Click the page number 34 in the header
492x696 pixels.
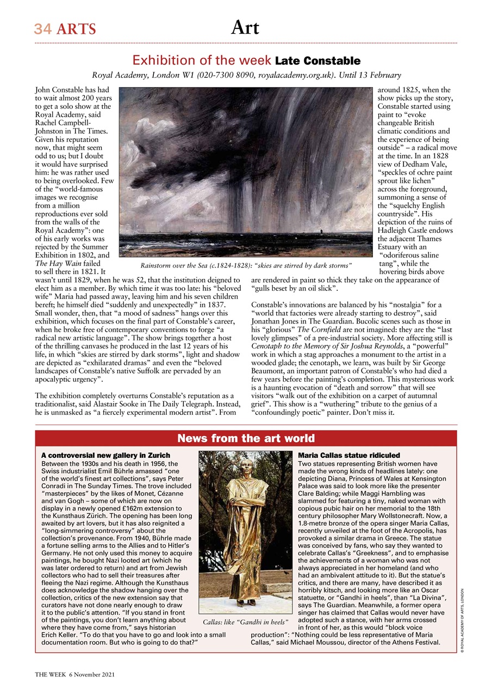[43, 29]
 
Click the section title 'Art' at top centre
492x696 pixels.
[245, 27]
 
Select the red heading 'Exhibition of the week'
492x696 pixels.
[202, 60]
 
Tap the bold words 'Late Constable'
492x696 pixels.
[317, 60]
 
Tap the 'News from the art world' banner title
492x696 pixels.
[246, 438]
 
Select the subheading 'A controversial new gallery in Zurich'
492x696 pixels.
[105, 455]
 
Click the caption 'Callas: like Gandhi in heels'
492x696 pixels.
[245, 621]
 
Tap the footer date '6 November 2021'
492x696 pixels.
[92, 675]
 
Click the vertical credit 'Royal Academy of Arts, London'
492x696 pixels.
[462, 617]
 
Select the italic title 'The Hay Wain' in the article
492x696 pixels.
[53, 263]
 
